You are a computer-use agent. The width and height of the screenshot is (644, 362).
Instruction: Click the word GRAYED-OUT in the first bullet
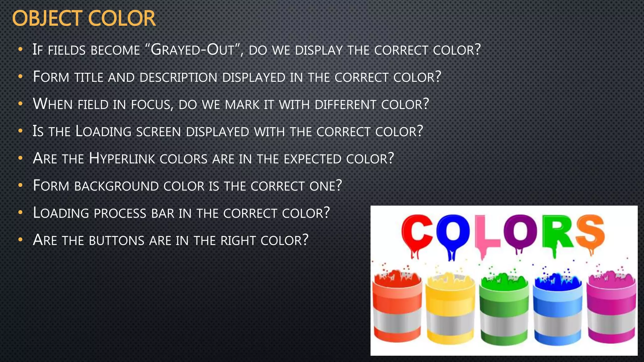tap(193, 50)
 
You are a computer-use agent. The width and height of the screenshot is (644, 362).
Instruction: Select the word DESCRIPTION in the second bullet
tap(178, 77)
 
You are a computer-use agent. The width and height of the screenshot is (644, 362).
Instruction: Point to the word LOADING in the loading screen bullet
tap(103, 132)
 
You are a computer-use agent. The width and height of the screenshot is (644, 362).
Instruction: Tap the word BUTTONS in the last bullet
tap(117, 241)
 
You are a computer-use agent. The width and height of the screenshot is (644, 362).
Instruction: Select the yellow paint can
tap(450, 310)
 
